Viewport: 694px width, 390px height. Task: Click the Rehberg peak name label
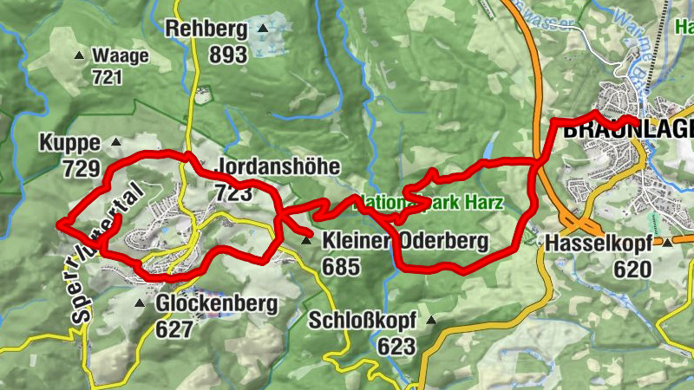pyautogui.click(x=206, y=29)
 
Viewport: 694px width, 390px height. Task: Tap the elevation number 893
pyautogui.click(x=228, y=55)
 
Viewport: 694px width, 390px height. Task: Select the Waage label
pyautogui.click(x=121, y=56)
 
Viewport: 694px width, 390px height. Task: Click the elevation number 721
pyautogui.click(x=110, y=78)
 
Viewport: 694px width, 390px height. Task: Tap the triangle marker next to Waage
pyautogui.click(x=80, y=56)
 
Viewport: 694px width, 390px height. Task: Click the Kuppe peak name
pyautogui.click(x=70, y=142)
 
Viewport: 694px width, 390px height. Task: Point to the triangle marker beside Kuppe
pyautogui.click(x=115, y=141)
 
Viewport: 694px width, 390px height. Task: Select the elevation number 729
pyautogui.click(x=82, y=168)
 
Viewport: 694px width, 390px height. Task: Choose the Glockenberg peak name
pyautogui.click(x=216, y=304)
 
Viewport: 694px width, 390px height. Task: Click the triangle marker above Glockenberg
pyautogui.click(x=141, y=303)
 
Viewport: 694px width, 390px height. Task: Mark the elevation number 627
pyautogui.click(x=175, y=329)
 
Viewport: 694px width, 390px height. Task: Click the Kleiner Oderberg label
pyautogui.click(x=405, y=242)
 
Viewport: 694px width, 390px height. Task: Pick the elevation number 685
pyautogui.click(x=340, y=266)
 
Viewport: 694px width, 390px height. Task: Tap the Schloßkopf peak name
pyautogui.click(x=362, y=322)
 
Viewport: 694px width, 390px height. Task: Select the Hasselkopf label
pyautogui.click(x=599, y=244)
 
